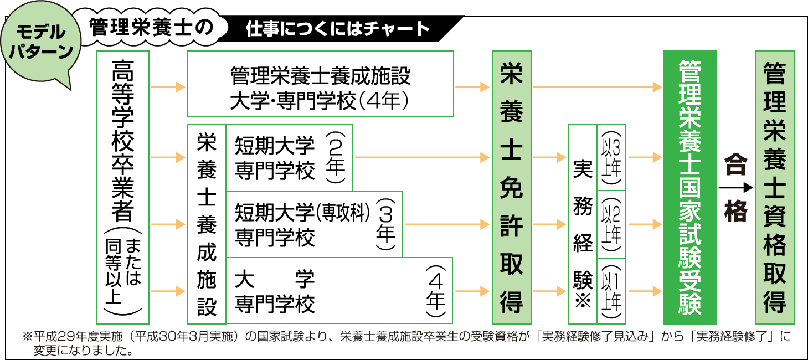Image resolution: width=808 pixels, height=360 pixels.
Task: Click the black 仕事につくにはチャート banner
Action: (338, 29)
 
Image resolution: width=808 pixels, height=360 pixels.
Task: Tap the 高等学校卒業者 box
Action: (122, 187)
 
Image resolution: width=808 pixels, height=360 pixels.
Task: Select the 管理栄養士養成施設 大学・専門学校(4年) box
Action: (320, 84)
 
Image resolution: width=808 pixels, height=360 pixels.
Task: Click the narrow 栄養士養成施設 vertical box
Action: (206, 224)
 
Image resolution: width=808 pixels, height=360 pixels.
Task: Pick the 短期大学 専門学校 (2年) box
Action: (289, 158)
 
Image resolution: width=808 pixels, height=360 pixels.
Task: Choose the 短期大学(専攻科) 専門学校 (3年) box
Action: (313, 224)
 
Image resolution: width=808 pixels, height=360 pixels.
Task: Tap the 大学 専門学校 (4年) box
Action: (339, 291)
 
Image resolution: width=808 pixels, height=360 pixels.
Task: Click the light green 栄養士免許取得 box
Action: (511, 187)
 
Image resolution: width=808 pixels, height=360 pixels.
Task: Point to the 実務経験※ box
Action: (582, 224)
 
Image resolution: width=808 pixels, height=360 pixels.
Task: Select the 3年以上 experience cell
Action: (611, 158)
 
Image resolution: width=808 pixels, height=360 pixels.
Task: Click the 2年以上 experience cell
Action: (611, 224)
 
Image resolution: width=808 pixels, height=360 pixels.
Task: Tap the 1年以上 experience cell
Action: (611, 291)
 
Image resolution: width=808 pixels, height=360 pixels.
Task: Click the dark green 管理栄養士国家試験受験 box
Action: (689, 187)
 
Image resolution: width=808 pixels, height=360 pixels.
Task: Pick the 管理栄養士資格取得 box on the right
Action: (774, 187)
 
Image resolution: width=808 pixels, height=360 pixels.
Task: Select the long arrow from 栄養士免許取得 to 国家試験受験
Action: (597, 87)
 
